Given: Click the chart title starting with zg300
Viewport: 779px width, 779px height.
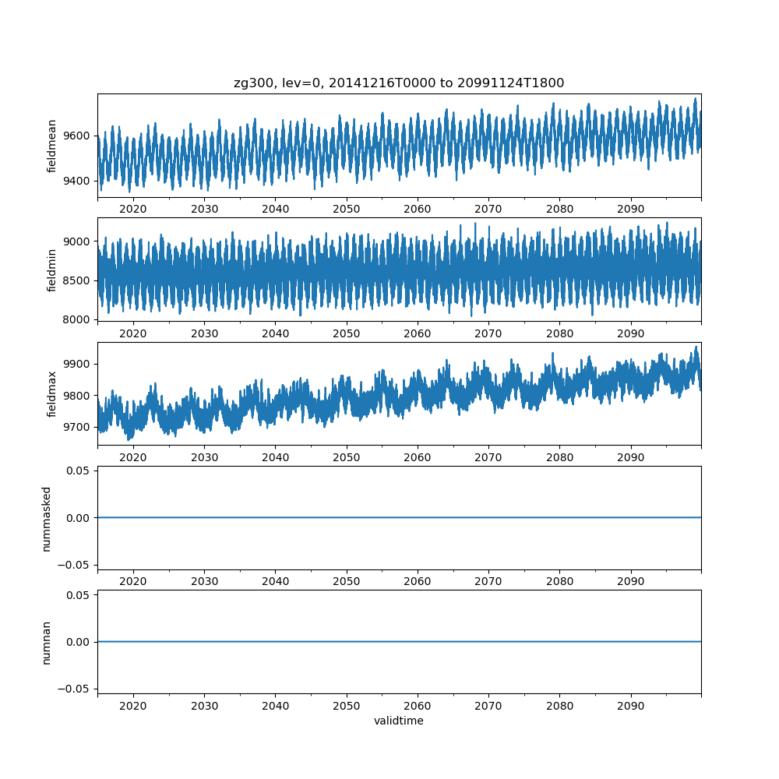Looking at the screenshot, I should point(399,83).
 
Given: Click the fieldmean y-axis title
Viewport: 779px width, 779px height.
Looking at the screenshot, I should point(52,146).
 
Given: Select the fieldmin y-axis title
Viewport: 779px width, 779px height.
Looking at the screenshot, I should point(52,270).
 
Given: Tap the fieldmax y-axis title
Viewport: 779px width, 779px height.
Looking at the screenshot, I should point(52,394).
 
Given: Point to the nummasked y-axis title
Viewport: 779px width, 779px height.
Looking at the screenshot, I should point(47,518).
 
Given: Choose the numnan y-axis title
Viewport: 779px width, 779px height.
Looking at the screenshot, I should point(47,642).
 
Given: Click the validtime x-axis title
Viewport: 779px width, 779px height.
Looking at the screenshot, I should point(399,721).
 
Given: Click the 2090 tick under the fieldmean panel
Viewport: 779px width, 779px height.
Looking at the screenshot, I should point(631,210).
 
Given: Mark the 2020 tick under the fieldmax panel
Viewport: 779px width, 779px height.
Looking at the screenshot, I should point(133,457).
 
